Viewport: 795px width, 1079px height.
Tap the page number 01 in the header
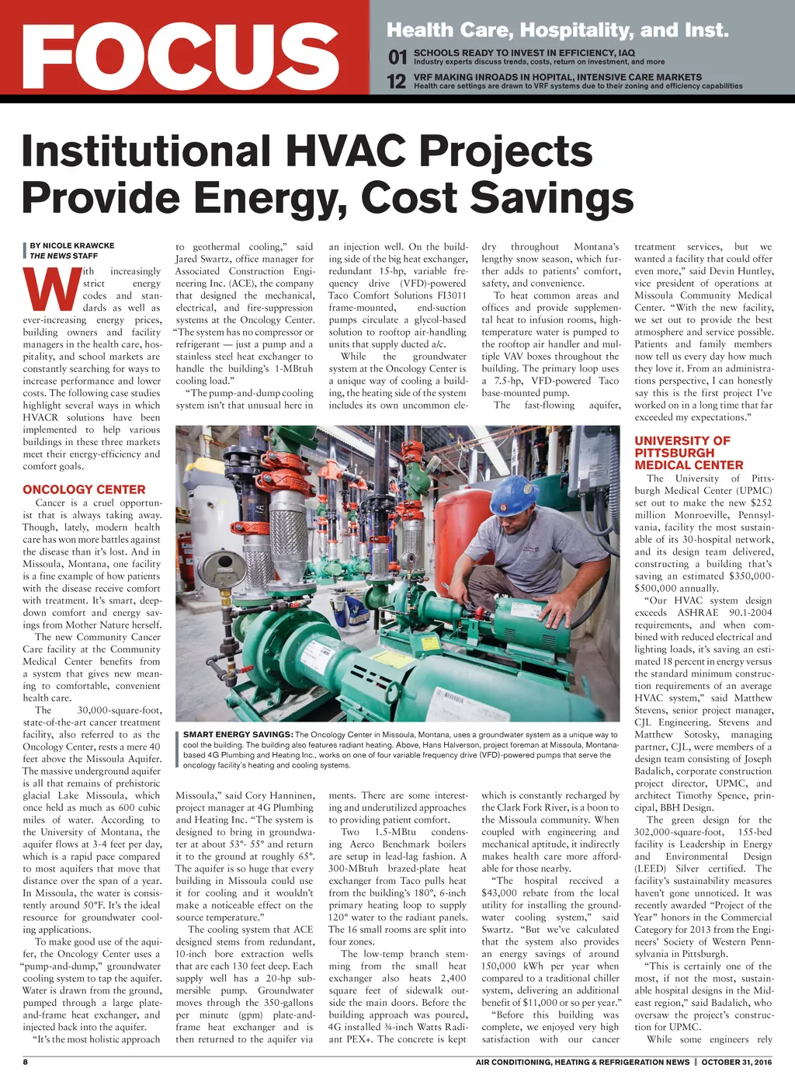(x=397, y=57)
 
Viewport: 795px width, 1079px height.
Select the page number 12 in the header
(x=397, y=82)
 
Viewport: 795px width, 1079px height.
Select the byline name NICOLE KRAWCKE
(x=78, y=245)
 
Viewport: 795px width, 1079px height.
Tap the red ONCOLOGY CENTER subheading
(x=84, y=489)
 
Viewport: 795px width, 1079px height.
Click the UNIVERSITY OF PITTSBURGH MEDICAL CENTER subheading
(x=688, y=453)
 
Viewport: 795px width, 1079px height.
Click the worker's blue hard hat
(x=514, y=493)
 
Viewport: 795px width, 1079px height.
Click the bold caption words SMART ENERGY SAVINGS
(x=238, y=735)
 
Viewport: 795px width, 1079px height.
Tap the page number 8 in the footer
(x=25, y=1062)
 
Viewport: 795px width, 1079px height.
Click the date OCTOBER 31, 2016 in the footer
(x=737, y=1062)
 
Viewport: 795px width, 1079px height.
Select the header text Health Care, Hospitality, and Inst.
(x=557, y=31)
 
